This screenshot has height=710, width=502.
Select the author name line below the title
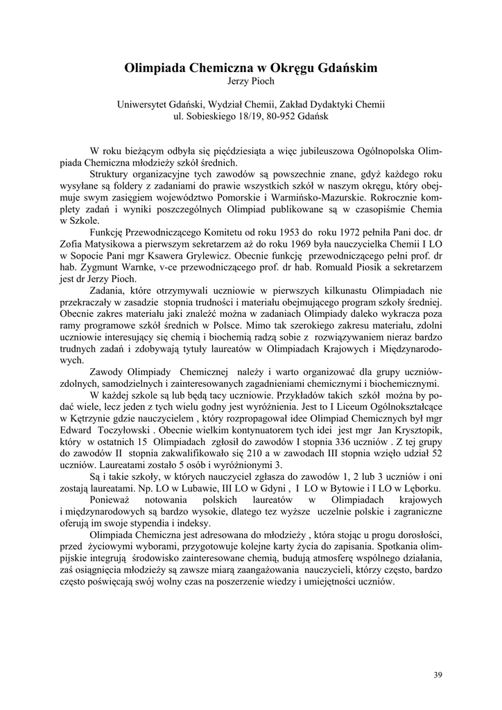251,82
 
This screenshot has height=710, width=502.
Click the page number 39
438,675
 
